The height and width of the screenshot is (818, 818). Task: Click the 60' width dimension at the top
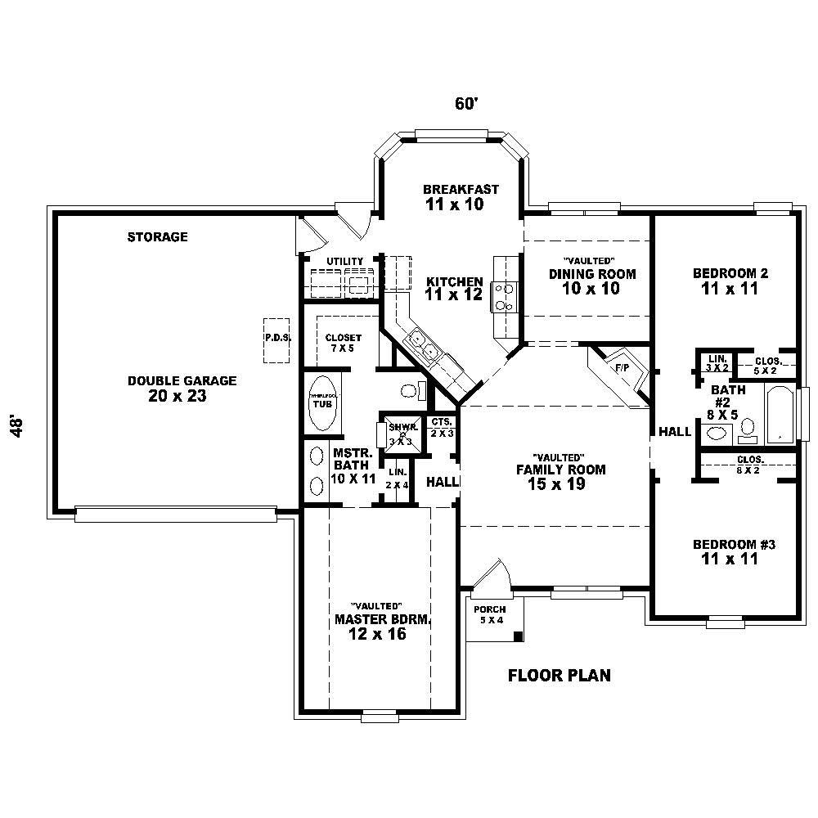(x=465, y=104)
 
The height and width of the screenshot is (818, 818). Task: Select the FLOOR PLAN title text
(x=559, y=676)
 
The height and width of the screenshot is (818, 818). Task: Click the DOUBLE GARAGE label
(x=182, y=381)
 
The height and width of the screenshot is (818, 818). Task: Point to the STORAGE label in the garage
(x=157, y=237)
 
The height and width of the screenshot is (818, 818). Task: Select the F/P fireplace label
(x=622, y=368)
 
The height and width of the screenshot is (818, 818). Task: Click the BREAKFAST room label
(x=461, y=189)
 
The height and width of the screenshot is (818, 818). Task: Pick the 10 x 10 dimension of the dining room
(x=591, y=289)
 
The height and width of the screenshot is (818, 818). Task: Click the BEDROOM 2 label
(x=730, y=273)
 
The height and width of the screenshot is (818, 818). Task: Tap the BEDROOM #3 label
(x=733, y=545)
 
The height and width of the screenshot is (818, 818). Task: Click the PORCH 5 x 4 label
(x=491, y=614)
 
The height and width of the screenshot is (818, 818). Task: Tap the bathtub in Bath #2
(x=780, y=413)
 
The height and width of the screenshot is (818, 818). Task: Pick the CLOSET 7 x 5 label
(x=342, y=342)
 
